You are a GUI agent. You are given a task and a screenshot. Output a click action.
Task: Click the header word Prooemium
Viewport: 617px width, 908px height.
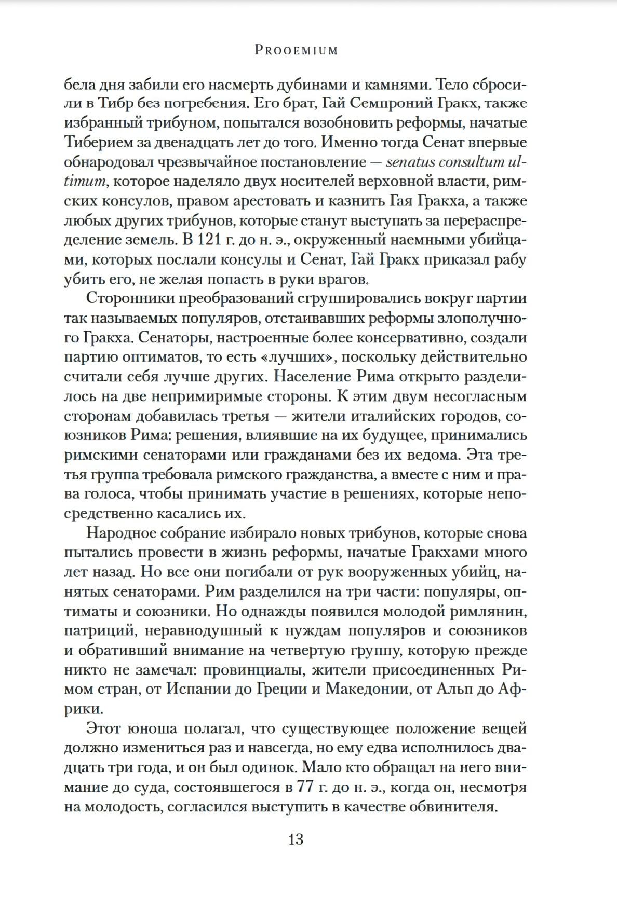(296, 50)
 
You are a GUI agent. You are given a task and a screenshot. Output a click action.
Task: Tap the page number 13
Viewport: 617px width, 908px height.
(296, 839)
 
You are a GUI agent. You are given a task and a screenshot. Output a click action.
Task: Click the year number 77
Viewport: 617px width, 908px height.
(304, 787)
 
